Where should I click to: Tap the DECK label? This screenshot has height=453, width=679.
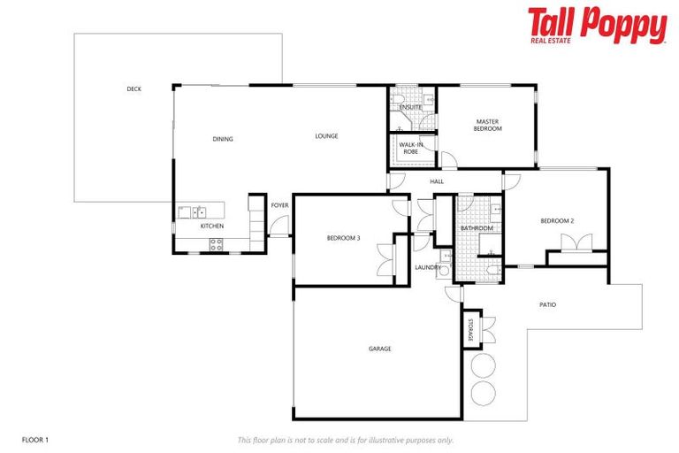[x=134, y=88]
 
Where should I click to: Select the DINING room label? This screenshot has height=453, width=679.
[x=222, y=139]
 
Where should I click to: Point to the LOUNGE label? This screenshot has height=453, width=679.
[x=326, y=136]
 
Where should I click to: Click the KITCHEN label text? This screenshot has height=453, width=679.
[x=212, y=226]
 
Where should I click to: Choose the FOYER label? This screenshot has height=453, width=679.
[x=279, y=205]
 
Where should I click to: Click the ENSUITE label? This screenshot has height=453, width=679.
[x=410, y=107]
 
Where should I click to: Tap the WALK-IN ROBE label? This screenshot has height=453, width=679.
[x=410, y=148]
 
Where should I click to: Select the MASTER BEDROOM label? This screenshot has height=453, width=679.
[x=488, y=125]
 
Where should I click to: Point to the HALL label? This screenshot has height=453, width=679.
[x=437, y=181]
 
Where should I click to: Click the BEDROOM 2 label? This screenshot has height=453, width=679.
[x=558, y=220]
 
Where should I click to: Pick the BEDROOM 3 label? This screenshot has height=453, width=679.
[x=343, y=238]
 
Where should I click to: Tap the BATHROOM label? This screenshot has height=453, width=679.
[x=477, y=228]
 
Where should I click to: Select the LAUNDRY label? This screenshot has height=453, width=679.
[x=428, y=267]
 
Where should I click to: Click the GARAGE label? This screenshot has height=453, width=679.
[x=379, y=349]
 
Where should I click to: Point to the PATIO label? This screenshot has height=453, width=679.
[x=547, y=305]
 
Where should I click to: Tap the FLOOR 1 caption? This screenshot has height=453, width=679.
[x=34, y=439]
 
